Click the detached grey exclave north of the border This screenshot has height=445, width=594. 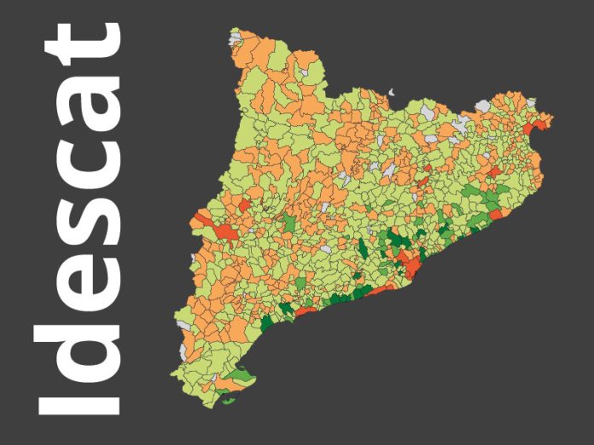pos(392,91)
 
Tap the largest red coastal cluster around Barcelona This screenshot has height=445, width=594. pos(413,267)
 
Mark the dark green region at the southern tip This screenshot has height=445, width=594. pos(228,397)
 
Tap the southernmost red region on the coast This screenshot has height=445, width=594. pos(306,309)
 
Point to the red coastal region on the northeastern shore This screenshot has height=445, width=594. pos(496,213)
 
